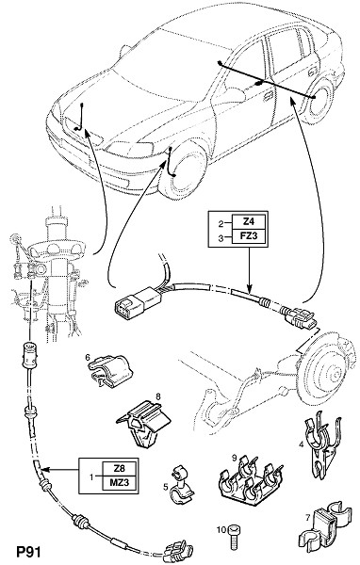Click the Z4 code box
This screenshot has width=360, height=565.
249,222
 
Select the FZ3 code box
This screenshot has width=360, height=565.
249,236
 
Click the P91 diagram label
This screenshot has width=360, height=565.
28,552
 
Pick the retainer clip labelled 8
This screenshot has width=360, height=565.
143,422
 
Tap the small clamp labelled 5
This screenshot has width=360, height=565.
181,486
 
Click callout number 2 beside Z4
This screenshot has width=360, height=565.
221,224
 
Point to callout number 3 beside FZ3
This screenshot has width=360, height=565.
221,237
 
